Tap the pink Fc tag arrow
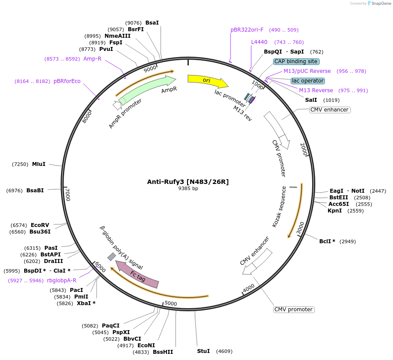(137, 274)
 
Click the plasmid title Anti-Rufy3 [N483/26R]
(188, 182)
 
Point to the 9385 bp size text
(188, 189)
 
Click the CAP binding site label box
(296, 61)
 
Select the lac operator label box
(308, 81)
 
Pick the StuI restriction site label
(203, 351)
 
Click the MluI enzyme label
(39, 164)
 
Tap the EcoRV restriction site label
(40, 225)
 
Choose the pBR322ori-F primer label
(247, 30)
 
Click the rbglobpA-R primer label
(61, 281)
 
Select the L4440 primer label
(259, 42)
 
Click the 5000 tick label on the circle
(170, 303)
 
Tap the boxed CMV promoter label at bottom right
(294, 310)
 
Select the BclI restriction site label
(327, 241)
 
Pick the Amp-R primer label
(92, 58)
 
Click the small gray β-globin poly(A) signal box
(112, 256)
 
